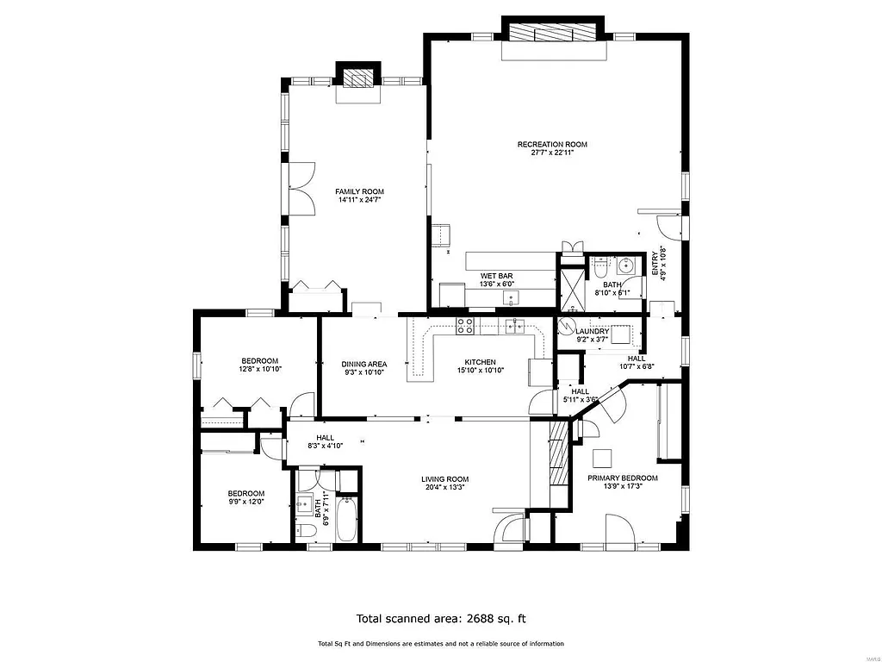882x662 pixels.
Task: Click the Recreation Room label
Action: pyautogui.click(x=552, y=144)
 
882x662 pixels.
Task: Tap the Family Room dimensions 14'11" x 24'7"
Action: pyautogui.click(x=360, y=200)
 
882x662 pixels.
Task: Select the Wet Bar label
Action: pyautogui.click(x=496, y=276)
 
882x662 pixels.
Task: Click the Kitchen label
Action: pyautogui.click(x=480, y=362)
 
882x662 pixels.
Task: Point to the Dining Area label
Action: pyautogui.click(x=363, y=364)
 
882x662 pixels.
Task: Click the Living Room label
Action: pyautogui.click(x=444, y=479)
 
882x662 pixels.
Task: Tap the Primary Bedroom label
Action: pyautogui.click(x=623, y=478)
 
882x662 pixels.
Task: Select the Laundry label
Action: pyautogui.click(x=593, y=331)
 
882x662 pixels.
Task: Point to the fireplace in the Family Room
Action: pyautogui.click(x=357, y=78)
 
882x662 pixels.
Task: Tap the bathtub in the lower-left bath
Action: pyautogui.click(x=346, y=519)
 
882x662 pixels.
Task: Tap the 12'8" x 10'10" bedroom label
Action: pyautogui.click(x=259, y=360)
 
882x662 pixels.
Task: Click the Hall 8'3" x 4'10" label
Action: pyautogui.click(x=326, y=438)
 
